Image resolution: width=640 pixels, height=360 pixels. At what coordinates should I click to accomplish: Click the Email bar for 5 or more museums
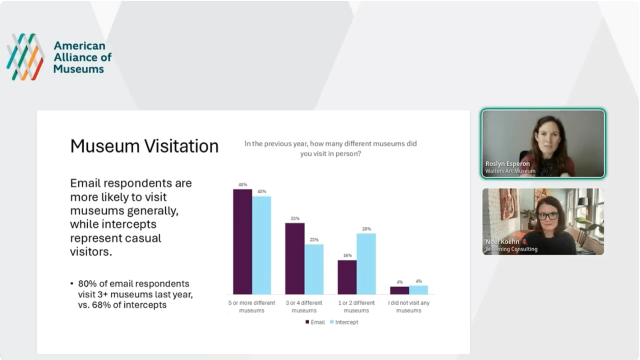coord(242,241)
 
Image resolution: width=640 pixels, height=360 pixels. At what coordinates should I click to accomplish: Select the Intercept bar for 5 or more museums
coord(261,245)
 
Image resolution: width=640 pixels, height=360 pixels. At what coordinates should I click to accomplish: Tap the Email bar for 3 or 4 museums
coord(295,258)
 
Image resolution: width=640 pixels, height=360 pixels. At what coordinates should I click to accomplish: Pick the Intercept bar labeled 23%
coord(314,269)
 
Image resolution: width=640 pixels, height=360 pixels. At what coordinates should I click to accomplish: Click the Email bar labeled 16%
coord(347,277)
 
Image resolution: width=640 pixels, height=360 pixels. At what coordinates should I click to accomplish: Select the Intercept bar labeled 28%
coord(366,263)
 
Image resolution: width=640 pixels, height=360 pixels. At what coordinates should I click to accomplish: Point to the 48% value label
coord(242,184)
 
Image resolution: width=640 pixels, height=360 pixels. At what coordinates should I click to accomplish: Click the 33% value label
coord(295,218)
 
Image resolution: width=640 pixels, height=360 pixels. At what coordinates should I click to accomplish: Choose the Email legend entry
coord(315,322)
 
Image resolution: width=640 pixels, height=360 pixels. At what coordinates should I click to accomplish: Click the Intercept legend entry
coord(344,322)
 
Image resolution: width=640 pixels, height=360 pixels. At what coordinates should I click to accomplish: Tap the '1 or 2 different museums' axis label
coord(356,306)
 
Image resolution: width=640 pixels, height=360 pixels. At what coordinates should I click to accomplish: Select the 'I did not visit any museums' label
coord(409,306)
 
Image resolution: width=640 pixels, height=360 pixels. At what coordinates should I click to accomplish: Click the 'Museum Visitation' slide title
coord(144,146)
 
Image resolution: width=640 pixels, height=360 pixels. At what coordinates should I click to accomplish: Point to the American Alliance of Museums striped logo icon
coord(25,56)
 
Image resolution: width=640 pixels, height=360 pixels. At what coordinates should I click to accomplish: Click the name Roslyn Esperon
coord(507,163)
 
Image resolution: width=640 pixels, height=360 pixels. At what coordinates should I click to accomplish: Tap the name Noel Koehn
coord(502,241)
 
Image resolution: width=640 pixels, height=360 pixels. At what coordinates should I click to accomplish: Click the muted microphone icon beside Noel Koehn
coord(524,242)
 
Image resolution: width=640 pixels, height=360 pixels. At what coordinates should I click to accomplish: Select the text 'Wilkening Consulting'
coord(511,249)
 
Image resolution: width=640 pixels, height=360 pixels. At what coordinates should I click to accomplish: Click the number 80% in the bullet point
coord(87,283)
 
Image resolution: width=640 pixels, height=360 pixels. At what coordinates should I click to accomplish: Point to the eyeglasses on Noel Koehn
coord(547,216)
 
